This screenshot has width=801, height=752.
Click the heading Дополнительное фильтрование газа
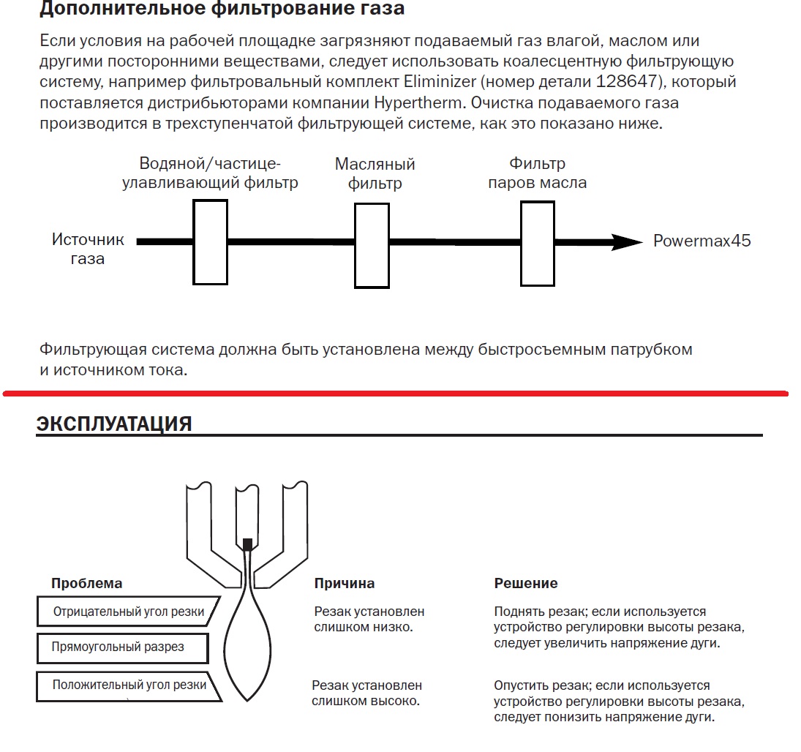tap(222, 10)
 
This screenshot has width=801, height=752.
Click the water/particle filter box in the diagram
tap(211, 241)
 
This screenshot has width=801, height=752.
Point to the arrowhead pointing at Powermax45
tap(627, 242)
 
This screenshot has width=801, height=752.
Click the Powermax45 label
tap(702, 241)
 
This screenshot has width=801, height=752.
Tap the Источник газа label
tap(88, 249)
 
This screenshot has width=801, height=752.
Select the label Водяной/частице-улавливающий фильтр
tap(210, 173)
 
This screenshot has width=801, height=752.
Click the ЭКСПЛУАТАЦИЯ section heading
tap(114, 424)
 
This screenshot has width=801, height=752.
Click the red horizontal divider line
tap(395, 394)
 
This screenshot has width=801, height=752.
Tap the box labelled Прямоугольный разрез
tap(121, 647)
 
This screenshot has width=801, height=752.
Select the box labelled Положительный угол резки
tap(128, 686)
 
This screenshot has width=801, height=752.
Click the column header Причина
tap(345, 583)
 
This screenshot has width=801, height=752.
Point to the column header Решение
tap(526, 583)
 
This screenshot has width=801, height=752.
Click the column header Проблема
tap(86, 583)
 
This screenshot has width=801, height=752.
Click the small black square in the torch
tap(247, 544)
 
